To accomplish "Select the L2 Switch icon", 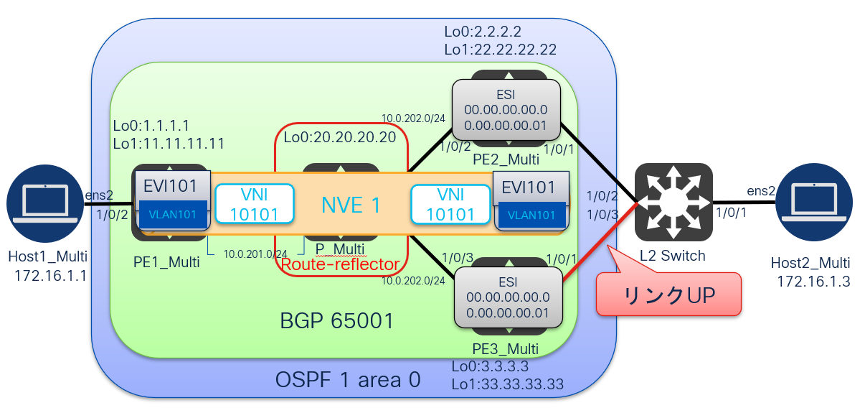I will point(673,202).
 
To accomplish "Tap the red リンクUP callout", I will point(668,294).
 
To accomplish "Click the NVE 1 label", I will point(350,205).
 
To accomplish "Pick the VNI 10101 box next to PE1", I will point(255,204).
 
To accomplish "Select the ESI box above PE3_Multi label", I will point(509,297).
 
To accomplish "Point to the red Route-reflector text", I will point(340,264).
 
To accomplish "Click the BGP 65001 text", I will point(337,320).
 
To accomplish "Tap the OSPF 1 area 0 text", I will point(348,379).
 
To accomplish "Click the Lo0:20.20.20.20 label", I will point(340,138).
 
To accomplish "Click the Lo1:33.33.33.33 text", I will point(506,384).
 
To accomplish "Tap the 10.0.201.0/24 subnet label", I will point(255,254).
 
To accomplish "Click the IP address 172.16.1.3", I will point(813,281).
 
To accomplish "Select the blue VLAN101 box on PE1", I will point(173,214).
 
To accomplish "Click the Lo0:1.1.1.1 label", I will point(151,126).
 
